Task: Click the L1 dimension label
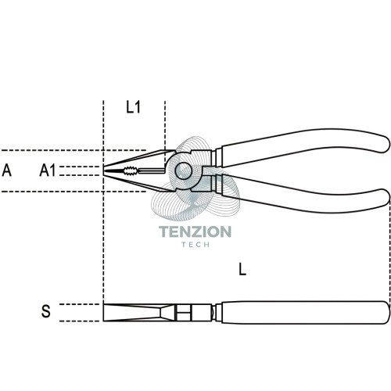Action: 133,107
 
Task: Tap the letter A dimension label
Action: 7,170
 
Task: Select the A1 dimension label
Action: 48,170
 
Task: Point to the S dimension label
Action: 46,311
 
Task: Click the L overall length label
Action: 242,269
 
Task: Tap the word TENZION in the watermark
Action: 195,231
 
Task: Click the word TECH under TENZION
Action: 195,245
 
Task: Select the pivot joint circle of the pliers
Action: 184,170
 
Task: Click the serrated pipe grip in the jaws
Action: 131,171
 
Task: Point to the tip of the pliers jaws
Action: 103,170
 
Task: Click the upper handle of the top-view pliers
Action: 303,146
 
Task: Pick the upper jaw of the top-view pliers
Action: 138,160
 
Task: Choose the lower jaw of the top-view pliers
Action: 138,182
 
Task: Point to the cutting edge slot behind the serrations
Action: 152,171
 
